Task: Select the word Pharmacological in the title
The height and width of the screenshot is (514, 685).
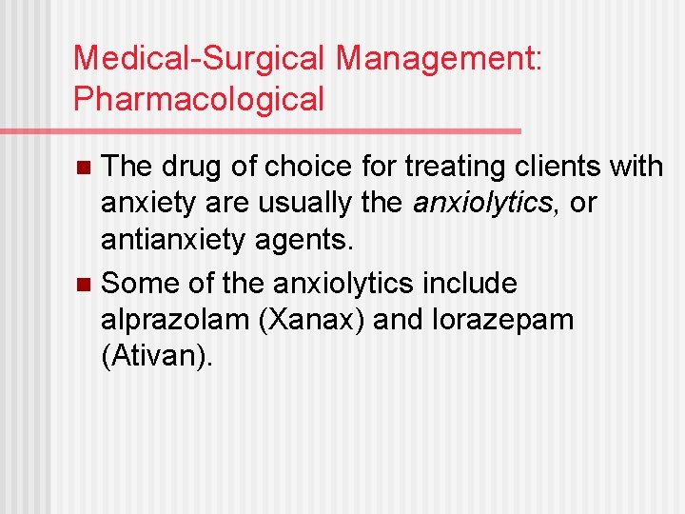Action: point(199,98)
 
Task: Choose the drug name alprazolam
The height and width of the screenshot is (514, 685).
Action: point(175,320)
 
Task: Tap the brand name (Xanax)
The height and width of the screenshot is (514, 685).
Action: point(312,320)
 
